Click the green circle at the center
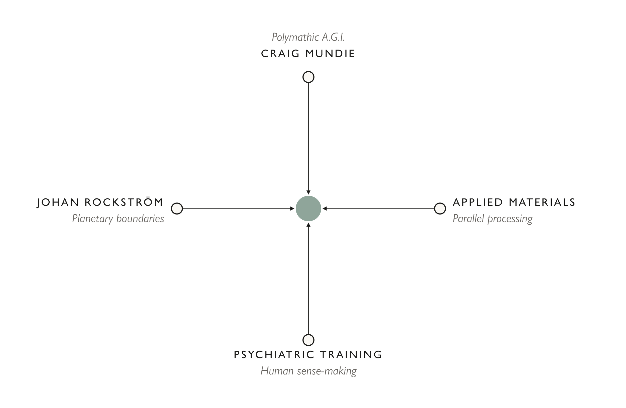pos(308,209)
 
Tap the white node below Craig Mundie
pos(308,77)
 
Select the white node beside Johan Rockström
pos(177,209)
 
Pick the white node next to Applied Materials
pos(440,209)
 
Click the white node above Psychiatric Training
pos(308,340)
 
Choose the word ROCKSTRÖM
pos(124,202)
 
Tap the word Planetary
pos(92,219)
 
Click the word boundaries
pos(140,219)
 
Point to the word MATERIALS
pos(542,202)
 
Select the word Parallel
pos(468,219)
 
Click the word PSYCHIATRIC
pos(274,354)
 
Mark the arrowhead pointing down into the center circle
pos(308,192)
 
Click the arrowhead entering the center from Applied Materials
pos(325,209)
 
